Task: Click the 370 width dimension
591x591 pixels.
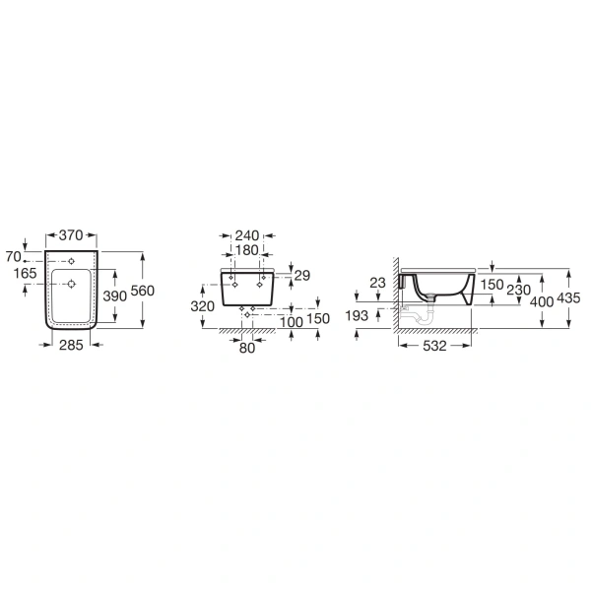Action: pyautogui.click(x=71, y=235)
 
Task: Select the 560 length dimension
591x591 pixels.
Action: pyautogui.click(x=143, y=291)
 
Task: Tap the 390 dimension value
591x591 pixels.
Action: pyautogui.click(x=115, y=296)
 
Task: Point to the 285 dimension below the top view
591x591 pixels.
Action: pyautogui.click(x=71, y=345)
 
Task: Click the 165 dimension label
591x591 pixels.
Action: pyautogui.click(x=25, y=273)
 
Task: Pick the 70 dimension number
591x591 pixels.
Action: pyautogui.click(x=14, y=257)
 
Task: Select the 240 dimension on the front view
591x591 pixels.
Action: pyautogui.click(x=247, y=236)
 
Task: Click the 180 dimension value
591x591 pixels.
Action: pyautogui.click(x=246, y=250)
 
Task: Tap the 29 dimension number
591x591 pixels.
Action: pyautogui.click(x=302, y=276)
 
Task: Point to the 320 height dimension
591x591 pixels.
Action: pyautogui.click(x=202, y=306)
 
